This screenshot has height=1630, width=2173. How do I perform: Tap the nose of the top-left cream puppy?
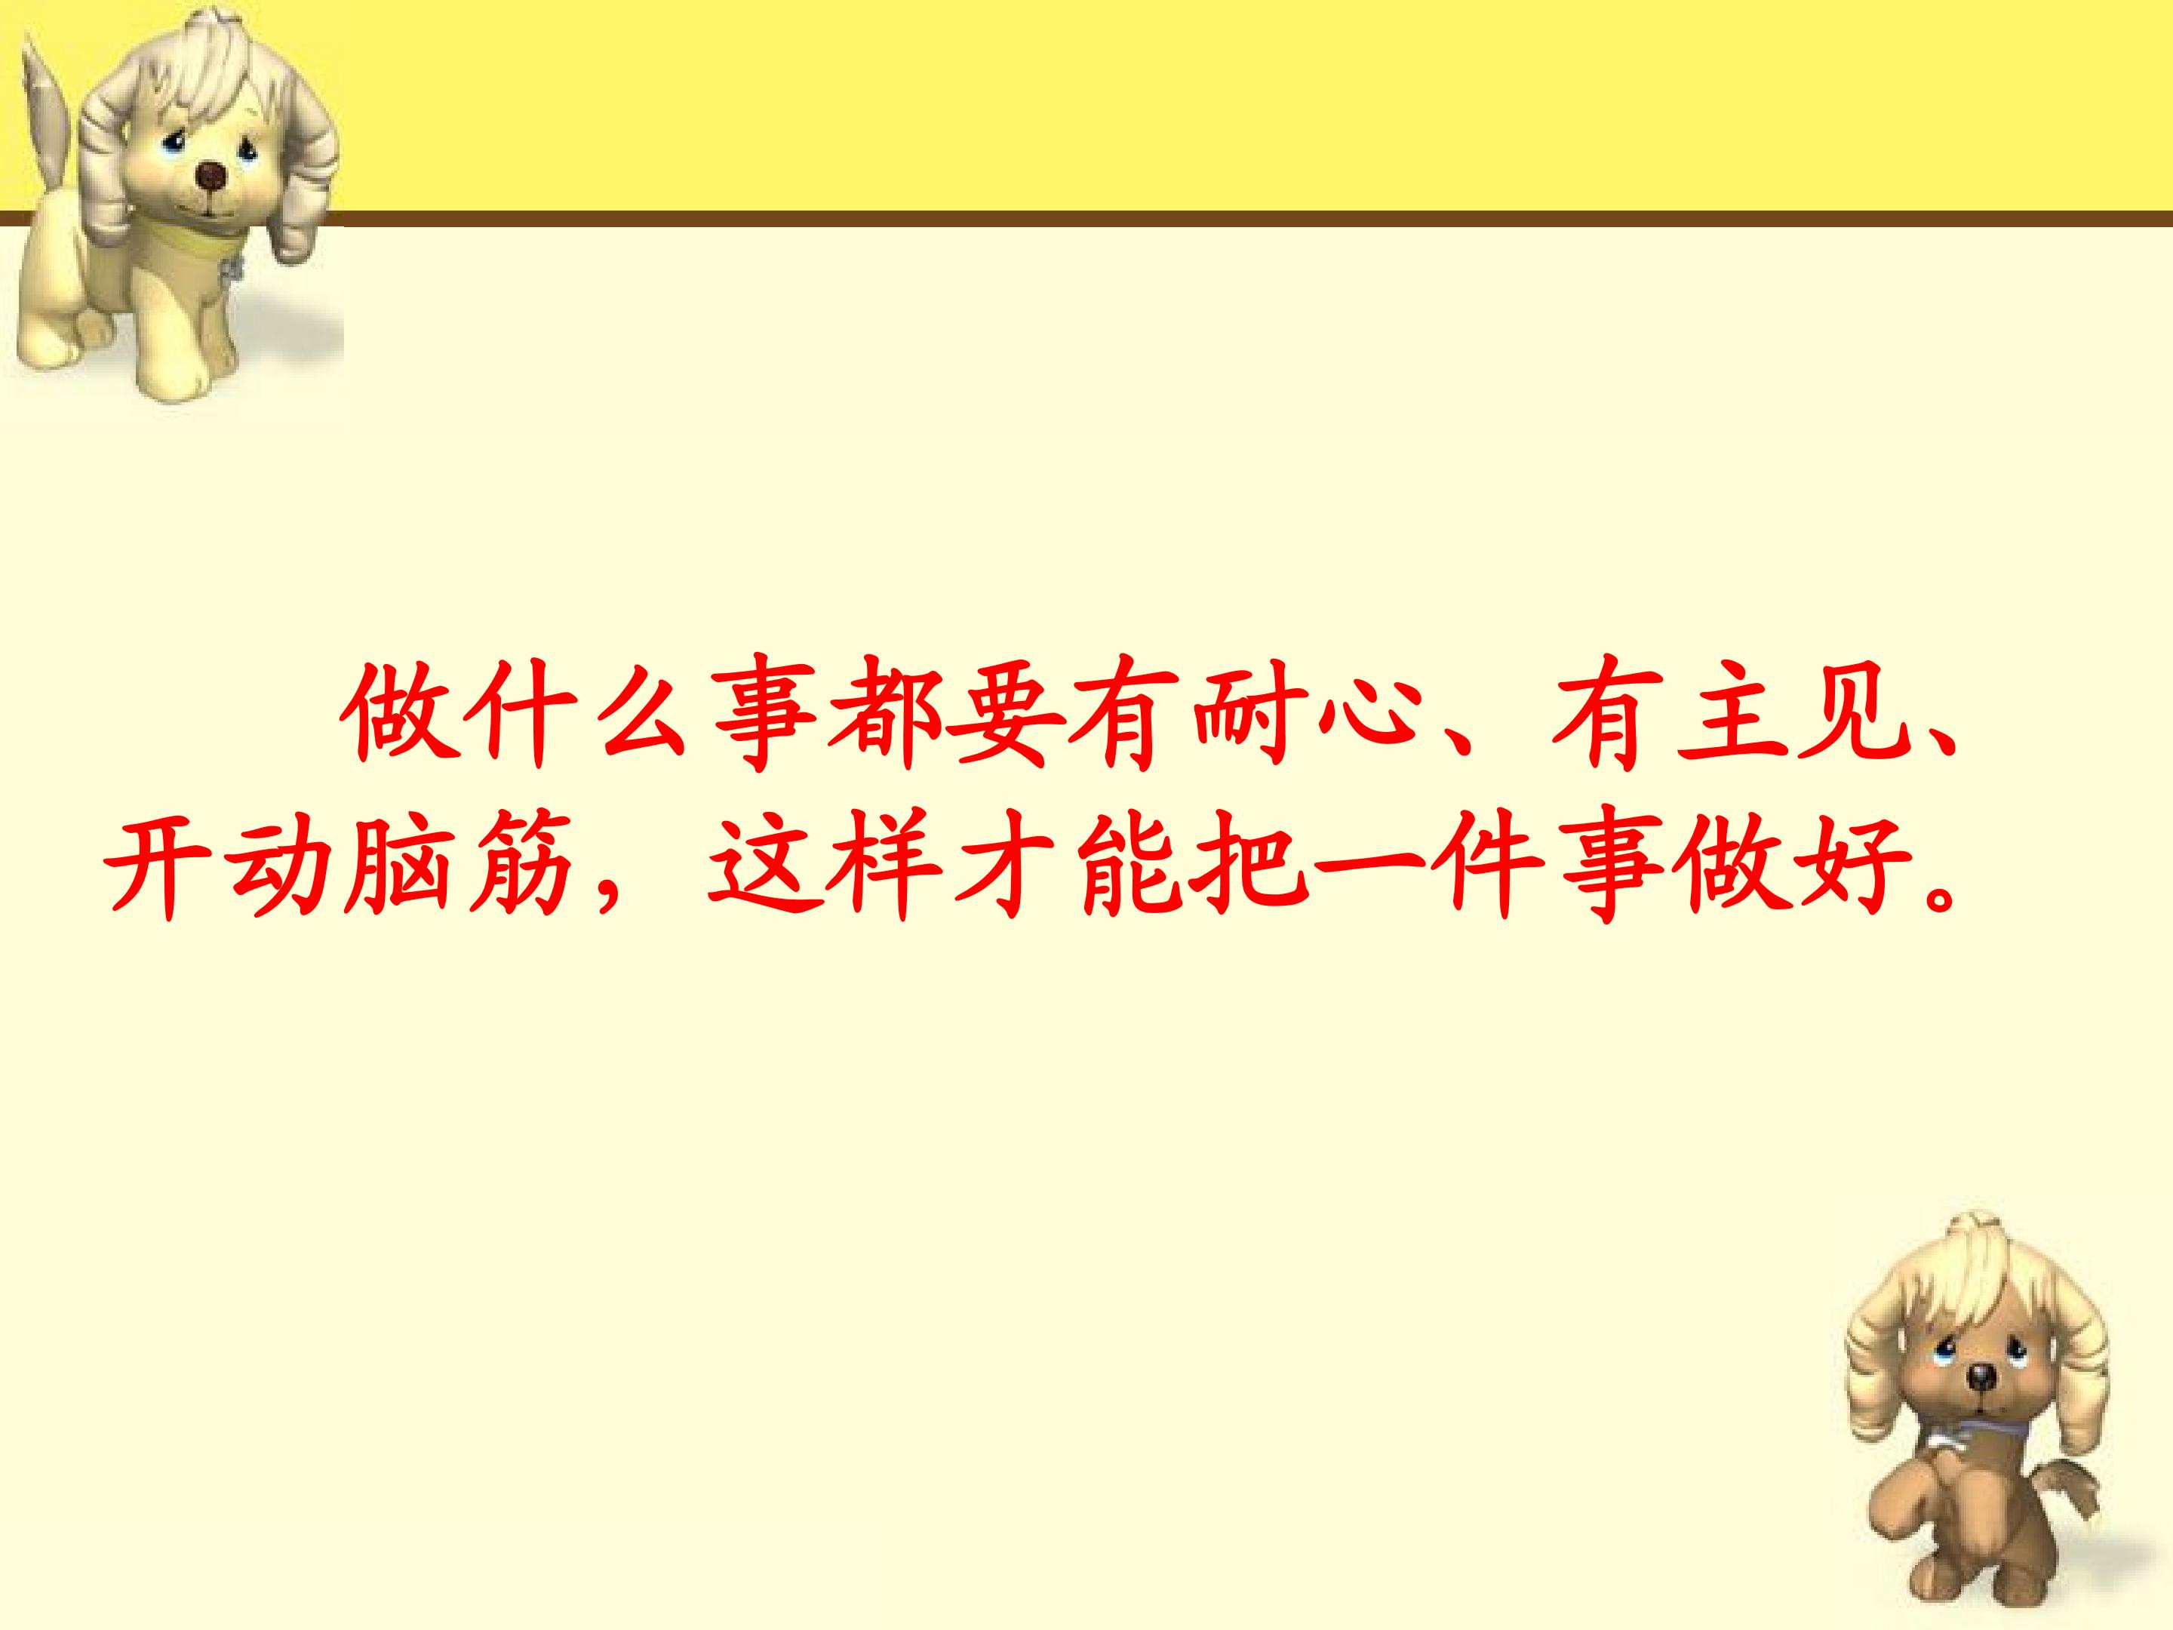(212, 175)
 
